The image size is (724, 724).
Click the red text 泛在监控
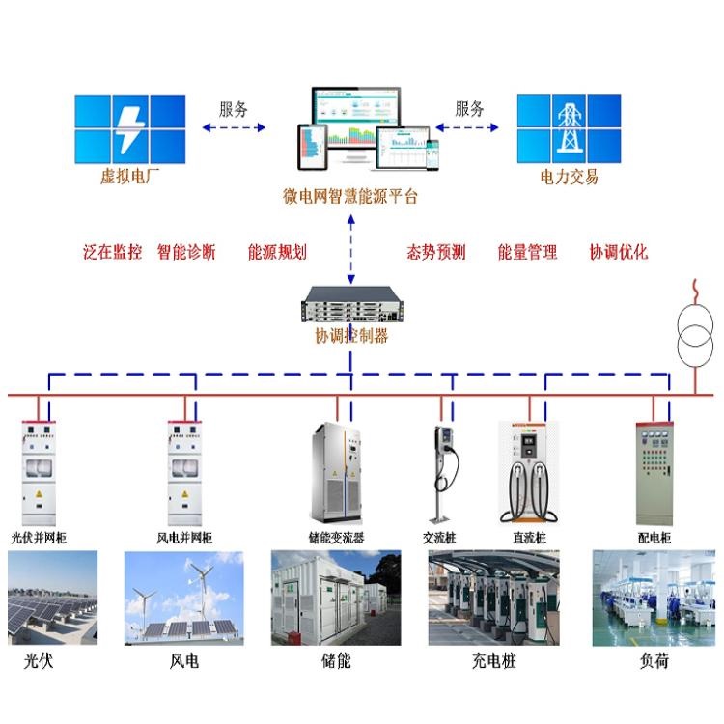[113, 253]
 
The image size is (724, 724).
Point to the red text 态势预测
[436, 253]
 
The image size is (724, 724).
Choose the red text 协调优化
[619, 253]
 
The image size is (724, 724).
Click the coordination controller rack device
[350, 308]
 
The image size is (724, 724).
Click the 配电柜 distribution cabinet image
[654, 473]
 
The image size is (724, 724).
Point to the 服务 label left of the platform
[234, 108]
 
